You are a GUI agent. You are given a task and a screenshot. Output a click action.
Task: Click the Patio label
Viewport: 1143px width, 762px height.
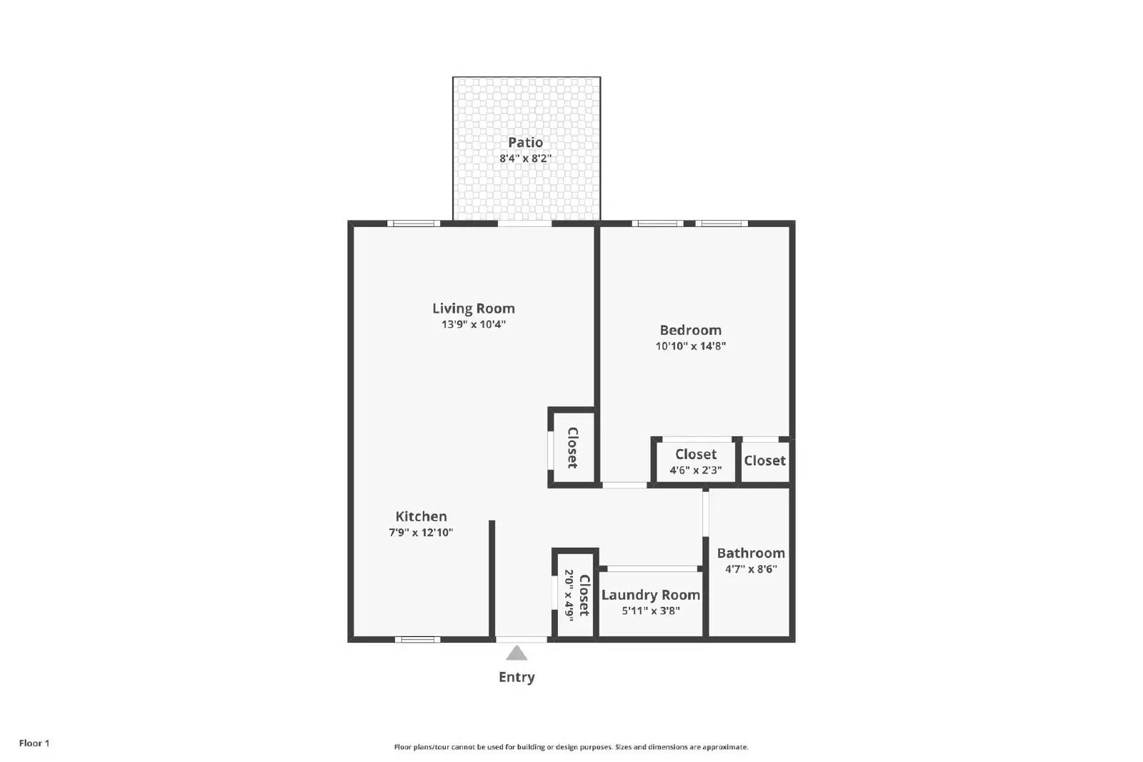pyautogui.click(x=525, y=142)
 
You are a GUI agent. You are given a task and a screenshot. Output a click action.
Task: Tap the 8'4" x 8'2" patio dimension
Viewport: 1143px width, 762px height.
pyautogui.click(x=525, y=159)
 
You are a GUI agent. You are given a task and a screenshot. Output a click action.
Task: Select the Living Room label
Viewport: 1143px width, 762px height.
pyautogui.click(x=473, y=309)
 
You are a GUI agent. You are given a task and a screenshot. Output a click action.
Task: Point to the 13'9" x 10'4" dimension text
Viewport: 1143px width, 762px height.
pyautogui.click(x=473, y=324)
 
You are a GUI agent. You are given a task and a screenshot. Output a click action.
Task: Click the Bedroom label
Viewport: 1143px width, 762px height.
pyautogui.click(x=690, y=330)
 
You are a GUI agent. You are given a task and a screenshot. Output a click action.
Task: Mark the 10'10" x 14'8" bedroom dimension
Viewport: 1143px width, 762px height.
pyautogui.click(x=690, y=346)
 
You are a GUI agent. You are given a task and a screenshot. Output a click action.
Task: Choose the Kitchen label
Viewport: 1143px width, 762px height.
pyautogui.click(x=421, y=516)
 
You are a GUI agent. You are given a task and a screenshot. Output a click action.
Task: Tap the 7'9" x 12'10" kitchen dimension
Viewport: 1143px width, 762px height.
pyautogui.click(x=421, y=533)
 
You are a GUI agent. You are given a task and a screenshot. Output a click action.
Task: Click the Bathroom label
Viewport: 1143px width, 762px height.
pyautogui.click(x=750, y=553)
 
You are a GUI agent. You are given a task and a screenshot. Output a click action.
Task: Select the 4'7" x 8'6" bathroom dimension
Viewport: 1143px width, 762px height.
pyautogui.click(x=750, y=569)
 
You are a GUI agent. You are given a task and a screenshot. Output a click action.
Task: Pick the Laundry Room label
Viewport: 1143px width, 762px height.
pyautogui.click(x=650, y=595)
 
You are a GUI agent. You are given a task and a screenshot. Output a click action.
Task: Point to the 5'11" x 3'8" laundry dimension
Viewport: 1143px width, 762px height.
pyautogui.click(x=650, y=611)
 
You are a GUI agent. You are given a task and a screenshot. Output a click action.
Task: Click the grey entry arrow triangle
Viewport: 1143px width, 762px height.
pyautogui.click(x=516, y=653)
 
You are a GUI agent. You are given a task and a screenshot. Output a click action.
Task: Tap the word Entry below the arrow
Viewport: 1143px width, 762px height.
pyautogui.click(x=516, y=677)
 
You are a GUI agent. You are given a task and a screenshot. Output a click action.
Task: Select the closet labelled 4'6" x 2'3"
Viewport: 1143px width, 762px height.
pyautogui.click(x=695, y=461)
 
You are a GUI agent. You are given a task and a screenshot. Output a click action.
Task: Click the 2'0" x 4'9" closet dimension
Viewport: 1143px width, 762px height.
pyautogui.click(x=569, y=595)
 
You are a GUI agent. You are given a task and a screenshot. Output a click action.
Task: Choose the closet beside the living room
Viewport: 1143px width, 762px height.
pyautogui.click(x=572, y=448)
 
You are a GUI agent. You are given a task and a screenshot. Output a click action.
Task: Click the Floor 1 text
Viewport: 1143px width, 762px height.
pyautogui.click(x=34, y=743)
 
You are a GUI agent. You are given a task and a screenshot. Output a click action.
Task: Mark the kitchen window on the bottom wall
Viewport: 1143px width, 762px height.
pyautogui.click(x=417, y=639)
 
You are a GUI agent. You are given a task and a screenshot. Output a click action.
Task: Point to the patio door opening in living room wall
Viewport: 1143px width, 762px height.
pyautogui.click(x=524, y=224)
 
